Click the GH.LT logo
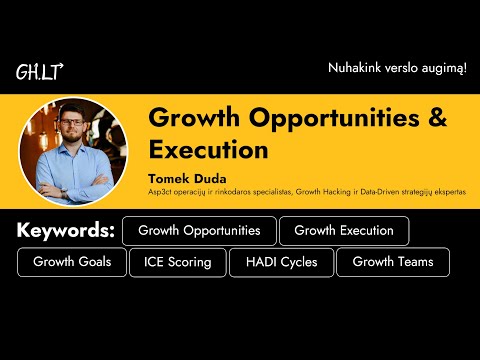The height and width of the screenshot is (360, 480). click(x=40, y=72)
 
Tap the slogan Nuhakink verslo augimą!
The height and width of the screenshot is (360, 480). click(x=397, y=67)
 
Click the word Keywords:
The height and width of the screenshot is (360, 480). click(x=65, y=231)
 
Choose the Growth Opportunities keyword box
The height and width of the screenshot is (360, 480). click(x=199, y=231)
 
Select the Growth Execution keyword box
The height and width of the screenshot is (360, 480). click(x=344, y=231)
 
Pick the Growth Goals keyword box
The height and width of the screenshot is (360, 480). click(x=71, y=262)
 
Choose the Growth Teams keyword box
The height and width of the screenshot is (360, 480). click(x=392, y=262)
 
